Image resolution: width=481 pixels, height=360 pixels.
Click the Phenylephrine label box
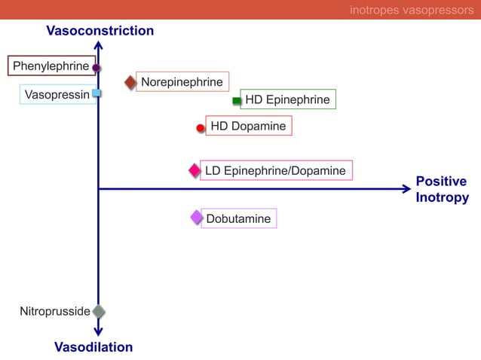point(51,66)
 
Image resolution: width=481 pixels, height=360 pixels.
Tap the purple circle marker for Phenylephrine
point(97,68)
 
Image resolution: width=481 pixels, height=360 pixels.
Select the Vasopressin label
point(57,94)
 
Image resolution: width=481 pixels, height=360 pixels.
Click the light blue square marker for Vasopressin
point(97,93)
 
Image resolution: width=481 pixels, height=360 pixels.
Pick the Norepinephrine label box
point(182,81)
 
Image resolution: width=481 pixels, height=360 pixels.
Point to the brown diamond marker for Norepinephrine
point(130,82)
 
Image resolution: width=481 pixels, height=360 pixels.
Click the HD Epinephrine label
point(287,99)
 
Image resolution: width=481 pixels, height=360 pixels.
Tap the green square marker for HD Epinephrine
point(237,100)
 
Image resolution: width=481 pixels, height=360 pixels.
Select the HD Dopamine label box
point(248,126)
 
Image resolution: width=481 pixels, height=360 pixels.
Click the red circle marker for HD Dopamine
point(201,128)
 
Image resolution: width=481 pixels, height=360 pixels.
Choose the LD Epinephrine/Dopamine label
point(275,171)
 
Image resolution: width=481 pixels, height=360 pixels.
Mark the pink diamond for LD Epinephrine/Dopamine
point(195,171)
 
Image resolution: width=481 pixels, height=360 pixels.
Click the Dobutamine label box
point(238,218)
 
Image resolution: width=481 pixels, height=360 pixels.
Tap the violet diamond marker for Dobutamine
point(197,218)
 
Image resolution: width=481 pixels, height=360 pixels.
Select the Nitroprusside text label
point(54,311)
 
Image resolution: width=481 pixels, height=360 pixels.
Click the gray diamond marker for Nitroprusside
point(98,311)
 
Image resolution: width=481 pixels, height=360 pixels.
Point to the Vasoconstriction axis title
point(100,31)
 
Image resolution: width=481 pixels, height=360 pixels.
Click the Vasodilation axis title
point(93,347)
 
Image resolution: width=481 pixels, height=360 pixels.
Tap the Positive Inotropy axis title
point(442,190)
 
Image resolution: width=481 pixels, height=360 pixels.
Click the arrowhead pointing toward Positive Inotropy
point(406,189)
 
